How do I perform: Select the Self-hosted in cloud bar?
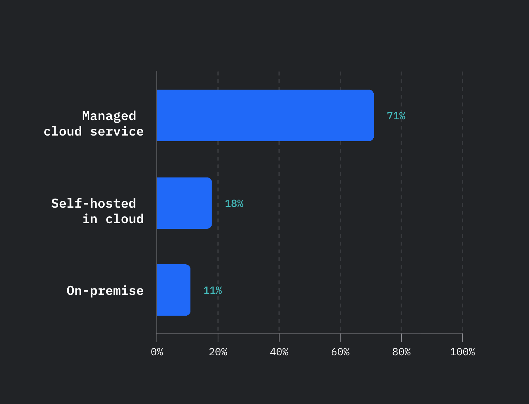(184, 203)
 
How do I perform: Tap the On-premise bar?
(173, 290)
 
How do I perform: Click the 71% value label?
(396, 116)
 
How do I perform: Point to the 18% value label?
(234, 204)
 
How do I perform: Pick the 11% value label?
(212, 290)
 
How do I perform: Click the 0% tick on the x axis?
(157, 352)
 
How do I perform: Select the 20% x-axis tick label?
(218, 352)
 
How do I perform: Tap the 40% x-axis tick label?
(279, 352)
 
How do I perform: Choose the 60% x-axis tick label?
(340, 352)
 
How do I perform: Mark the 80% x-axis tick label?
(401, 352)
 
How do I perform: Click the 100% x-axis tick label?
(462, 352)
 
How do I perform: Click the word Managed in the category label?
(109, 116)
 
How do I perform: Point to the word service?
(117, 131)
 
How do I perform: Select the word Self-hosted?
(93, 203)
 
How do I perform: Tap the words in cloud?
(113, 219)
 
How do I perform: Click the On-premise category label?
(105, 290)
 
